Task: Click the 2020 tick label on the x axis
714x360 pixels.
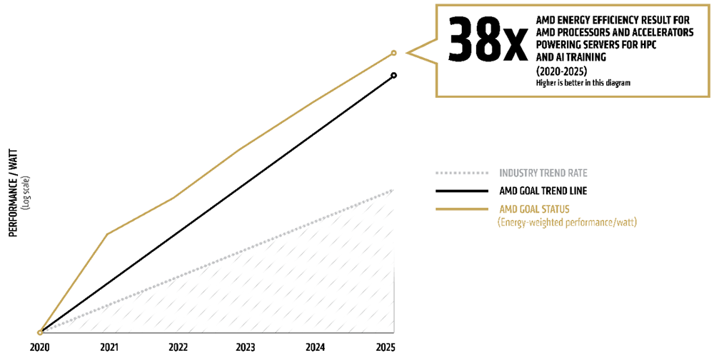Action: click(x=40, y=347)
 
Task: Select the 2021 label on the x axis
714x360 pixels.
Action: click(x=109, y=347)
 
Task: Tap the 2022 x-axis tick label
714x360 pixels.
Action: click(x=178, y=347)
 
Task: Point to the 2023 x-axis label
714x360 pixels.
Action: click(x=246, y=347)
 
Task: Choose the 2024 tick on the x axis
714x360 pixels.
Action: click(x=315, y=347)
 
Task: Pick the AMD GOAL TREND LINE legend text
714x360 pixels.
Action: click(x=543, y=191)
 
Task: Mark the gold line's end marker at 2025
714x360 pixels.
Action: click(x=393, y=53)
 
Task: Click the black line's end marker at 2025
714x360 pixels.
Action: click(x=393, y=75)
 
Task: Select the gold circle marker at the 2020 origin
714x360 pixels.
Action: click(x=40, y=332)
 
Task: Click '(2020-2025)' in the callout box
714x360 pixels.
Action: click(x=561, y=71)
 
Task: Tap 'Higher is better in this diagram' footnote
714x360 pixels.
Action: click(x=583, y=83)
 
